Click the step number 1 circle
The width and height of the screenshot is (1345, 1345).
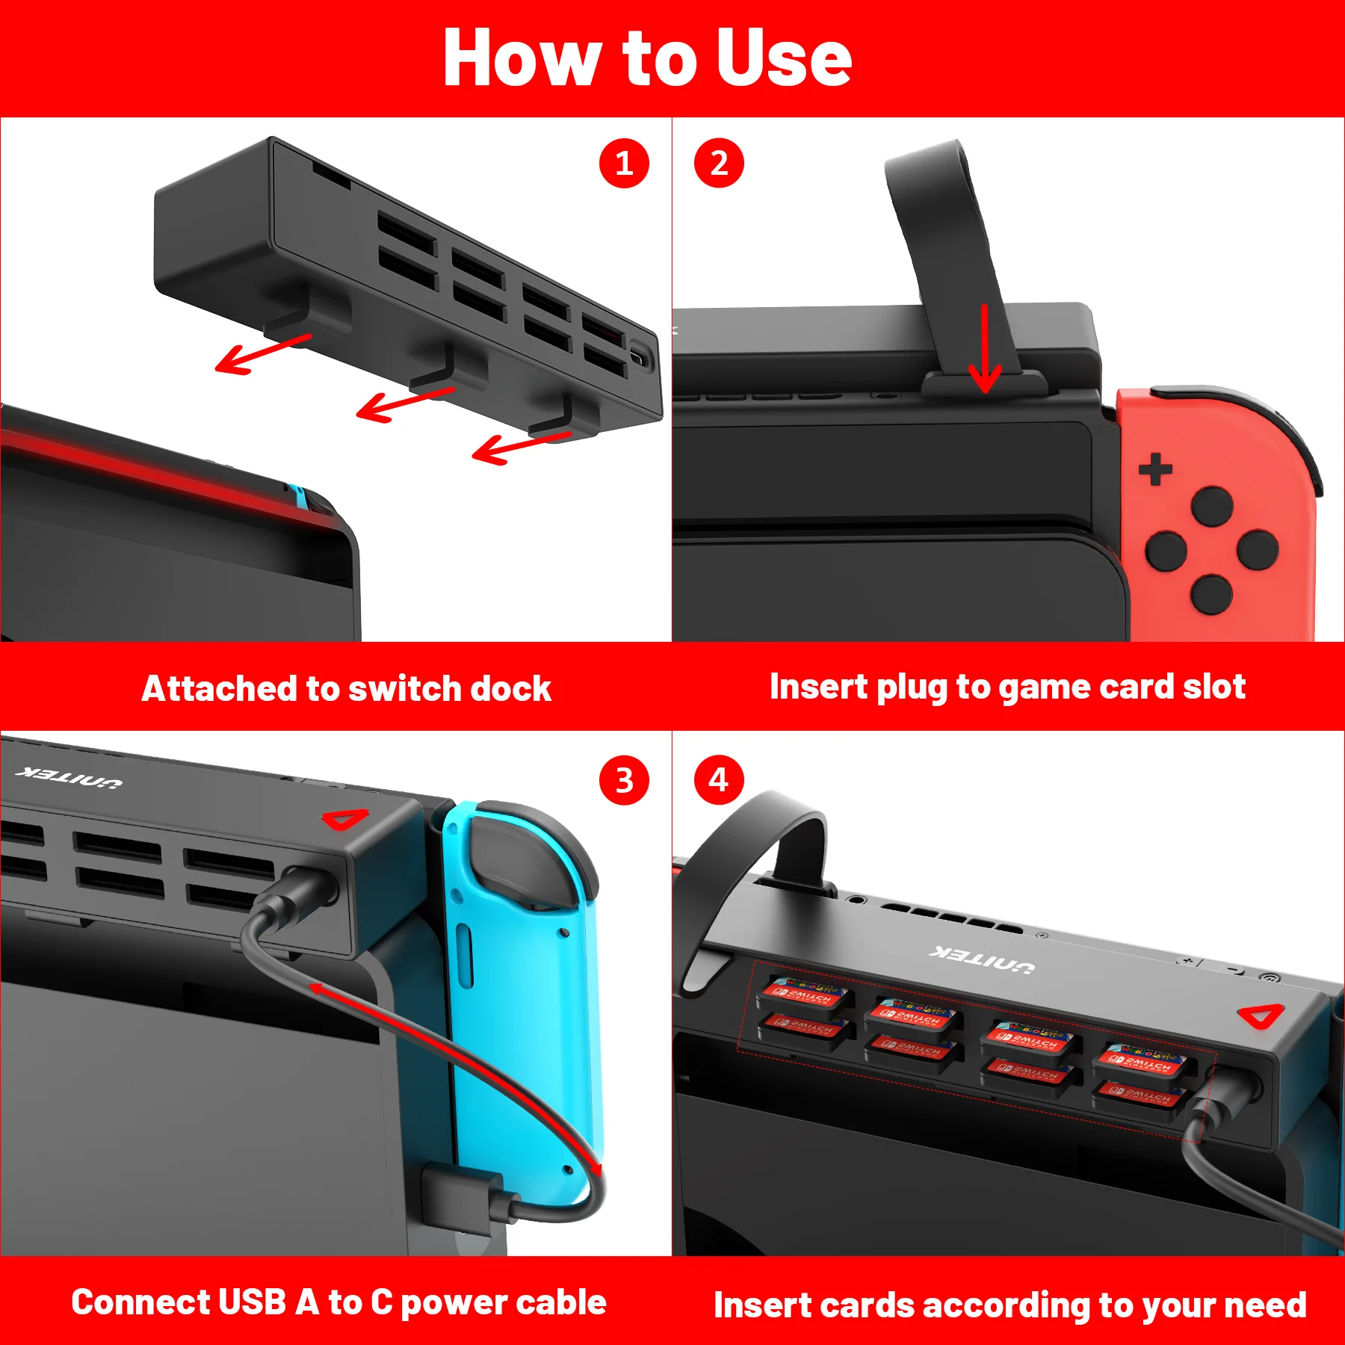[x=624, y=163]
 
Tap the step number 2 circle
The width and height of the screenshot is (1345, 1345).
[x=719, y=163]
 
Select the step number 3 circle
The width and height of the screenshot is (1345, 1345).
[x=624, y=781]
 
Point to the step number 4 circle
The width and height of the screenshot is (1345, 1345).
[x=719, y=781]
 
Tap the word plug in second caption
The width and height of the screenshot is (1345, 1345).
[x=912, y=687]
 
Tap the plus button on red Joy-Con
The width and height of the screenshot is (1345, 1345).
[x=1155, y=469]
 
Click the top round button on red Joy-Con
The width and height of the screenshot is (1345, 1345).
[x=1212, y=506]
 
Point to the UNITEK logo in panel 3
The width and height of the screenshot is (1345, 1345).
[x=69, y=777]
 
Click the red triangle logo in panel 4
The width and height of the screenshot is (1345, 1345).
[x=1261, y=1016]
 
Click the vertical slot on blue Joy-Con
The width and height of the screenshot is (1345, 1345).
[x=464, y=956]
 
